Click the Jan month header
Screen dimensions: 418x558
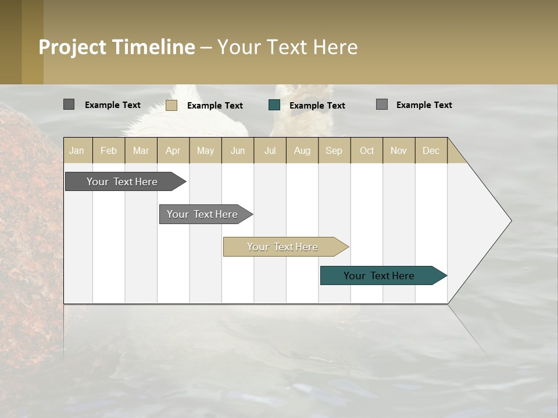[77, 150]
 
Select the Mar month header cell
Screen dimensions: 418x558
[141, 150]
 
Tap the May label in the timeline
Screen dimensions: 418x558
[205, 150]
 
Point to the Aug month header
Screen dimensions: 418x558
[302, 150]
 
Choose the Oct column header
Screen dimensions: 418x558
[367, 150]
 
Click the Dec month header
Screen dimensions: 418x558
[431, 150]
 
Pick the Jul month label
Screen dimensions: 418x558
[270, 150]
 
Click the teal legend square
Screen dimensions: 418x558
[274, 105]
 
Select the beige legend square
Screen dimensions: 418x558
[171, 105]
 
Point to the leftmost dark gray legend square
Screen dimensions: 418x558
[69, 105]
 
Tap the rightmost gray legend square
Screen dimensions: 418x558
[382, 105]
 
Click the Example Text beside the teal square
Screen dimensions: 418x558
[317, 106]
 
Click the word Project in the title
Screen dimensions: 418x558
[73, 47]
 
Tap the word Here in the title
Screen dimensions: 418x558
[335, 47]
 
